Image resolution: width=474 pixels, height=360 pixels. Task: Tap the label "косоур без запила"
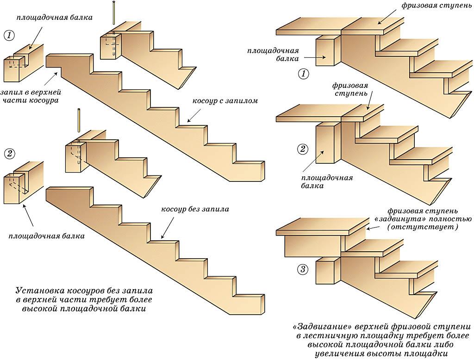pos(195,209)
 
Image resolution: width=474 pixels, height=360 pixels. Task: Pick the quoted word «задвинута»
pos(394,218)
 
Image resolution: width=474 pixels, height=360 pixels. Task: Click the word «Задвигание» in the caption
pos(320,327)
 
